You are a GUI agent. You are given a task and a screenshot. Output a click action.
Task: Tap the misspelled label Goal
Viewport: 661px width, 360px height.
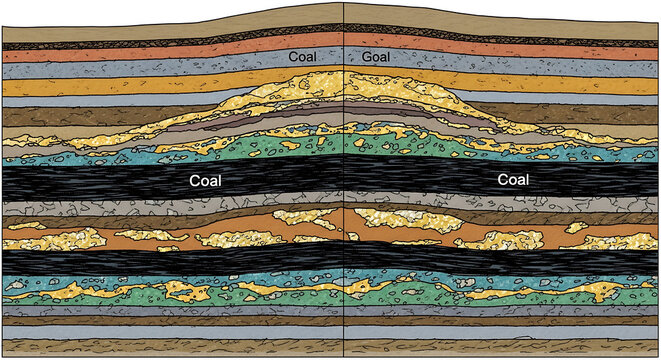pos(378,57)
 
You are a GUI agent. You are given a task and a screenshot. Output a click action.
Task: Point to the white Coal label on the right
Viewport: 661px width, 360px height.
pos(513,182)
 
